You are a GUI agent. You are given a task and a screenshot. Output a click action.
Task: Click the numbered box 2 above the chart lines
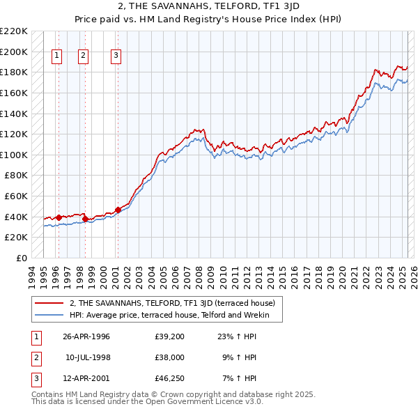(83, 56)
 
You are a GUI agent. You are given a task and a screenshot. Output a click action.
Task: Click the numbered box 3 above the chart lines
(116, 56)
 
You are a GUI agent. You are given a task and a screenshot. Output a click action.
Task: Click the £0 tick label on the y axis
(21, 258)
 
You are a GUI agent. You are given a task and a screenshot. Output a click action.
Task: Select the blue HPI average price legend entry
(174, 315)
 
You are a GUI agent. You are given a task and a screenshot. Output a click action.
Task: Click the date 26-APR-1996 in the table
(86, 336)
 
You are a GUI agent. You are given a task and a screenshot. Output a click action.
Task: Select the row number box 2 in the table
(36, 357)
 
